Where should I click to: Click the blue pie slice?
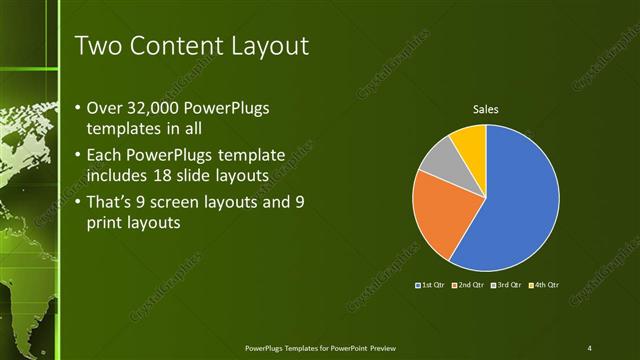coord(520,205)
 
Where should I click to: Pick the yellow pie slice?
coord(470,140)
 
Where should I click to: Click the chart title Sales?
coord(486,109)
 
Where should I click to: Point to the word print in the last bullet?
coord(108,223)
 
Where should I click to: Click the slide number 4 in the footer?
coord(589,348)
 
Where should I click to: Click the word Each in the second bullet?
coord(105,155)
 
